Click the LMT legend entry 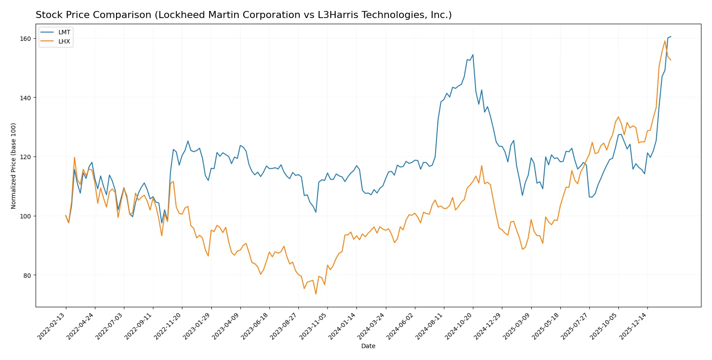64,32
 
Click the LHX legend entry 64,41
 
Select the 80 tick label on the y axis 27,276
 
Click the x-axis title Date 368,346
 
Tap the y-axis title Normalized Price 13,166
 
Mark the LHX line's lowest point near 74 316,294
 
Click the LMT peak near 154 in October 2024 473,55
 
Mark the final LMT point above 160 671,36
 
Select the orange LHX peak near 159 665,41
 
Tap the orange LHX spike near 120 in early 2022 74,157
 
